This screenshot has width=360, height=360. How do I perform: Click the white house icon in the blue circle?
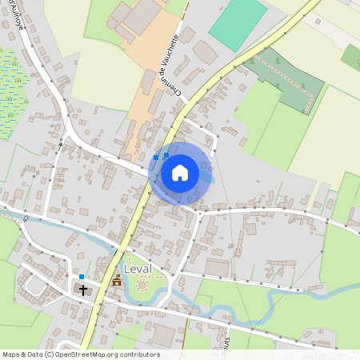180,172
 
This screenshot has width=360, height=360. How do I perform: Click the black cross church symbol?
82,289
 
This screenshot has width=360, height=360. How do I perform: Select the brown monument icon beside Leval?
117,281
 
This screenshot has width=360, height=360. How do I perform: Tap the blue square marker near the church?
82,277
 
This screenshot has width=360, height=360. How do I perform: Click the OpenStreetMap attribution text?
80,354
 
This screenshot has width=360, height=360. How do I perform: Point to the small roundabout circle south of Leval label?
143,285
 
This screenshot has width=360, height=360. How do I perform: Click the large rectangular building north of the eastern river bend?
218,266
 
